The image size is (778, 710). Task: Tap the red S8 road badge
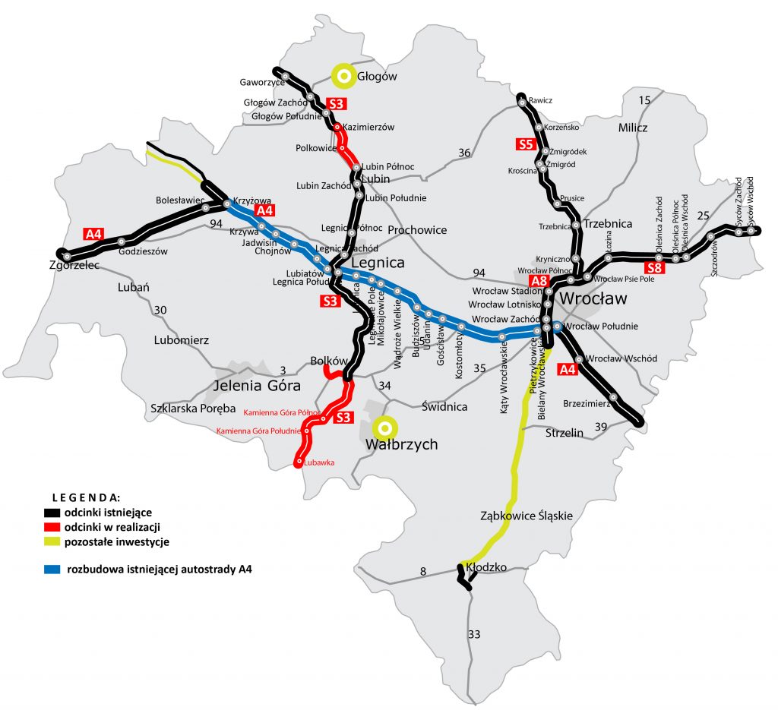coord(654,268)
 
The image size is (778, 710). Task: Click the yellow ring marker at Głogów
coord(343,75)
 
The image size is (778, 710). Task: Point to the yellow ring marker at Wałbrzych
coord(384,428)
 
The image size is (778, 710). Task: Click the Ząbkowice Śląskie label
coord(527,516)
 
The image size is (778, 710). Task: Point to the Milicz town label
coord(633,128)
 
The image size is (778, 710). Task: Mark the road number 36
coord(464,153)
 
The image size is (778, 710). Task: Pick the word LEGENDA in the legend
coord(85,498)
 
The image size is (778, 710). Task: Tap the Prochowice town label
coord(417,229)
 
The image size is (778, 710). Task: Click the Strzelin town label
coord(565,433)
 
